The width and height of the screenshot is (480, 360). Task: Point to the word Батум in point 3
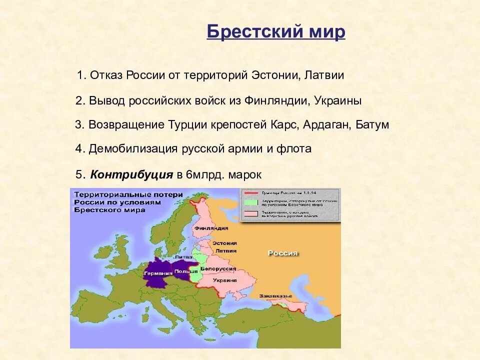(x=372, y=124)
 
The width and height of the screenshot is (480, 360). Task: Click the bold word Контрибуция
(x=131, y=175)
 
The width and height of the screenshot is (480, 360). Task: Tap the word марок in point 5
(x=245, y=175)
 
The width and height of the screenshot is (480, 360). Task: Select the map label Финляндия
(x=208, y=228)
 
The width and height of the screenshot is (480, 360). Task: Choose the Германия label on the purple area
(x=157, y=273)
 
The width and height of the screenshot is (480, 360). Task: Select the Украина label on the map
(x=224, y=280)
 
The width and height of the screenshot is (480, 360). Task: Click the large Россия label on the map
(x=283, y=253)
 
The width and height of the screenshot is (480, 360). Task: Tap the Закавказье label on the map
(x=275, y=296)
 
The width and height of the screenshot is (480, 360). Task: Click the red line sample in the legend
(x=251, y=192)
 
